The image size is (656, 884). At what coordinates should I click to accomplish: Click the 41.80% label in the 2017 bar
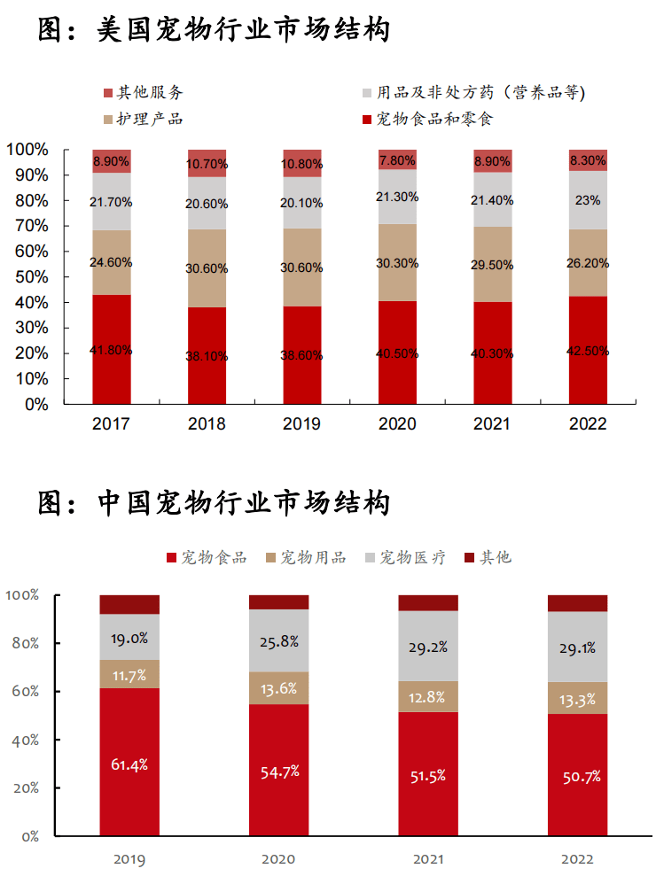(x=111, y=350)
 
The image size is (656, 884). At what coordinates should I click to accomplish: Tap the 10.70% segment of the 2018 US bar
(x=207, y=164)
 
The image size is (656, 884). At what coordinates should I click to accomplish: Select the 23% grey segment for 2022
(x=588, y=200)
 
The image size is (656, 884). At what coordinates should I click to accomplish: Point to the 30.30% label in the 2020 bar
(x=397, y=263)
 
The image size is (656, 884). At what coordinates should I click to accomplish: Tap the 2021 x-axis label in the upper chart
(x=492, y=424)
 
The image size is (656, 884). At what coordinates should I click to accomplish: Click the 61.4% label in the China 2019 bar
(x=129, y=764)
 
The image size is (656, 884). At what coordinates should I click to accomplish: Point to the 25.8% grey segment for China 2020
(x=278, y=640)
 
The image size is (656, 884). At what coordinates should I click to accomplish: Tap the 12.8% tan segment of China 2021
(x=428, y=697)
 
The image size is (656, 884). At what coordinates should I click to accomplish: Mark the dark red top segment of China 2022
(x=578, y=603)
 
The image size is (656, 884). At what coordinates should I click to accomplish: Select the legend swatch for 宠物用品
(x=270, y=558)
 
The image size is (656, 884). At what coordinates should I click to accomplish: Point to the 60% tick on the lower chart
(x=23, y=691)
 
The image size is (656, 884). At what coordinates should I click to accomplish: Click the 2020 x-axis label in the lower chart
(x=278, y=858)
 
